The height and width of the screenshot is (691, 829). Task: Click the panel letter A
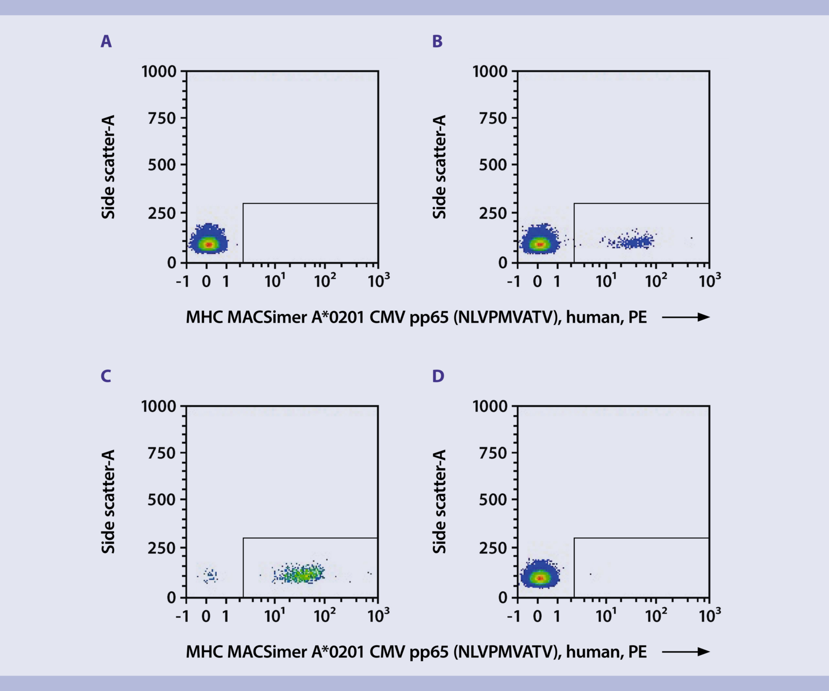[x=106, y=42]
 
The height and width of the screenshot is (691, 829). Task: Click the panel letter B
[x=437, y=42]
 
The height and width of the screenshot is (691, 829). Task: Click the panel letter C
[x=106, y=376]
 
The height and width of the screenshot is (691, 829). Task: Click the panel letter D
[x=438, y=376]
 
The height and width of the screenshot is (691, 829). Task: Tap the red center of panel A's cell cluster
[x=209, y=244]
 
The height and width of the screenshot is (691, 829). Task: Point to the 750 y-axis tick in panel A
[x=162, y=118]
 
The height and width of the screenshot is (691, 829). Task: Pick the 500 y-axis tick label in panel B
[x=493, y=165]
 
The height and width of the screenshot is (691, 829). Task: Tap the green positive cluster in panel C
[x=302, y=574]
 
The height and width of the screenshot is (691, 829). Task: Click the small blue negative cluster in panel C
[x=211, y=575]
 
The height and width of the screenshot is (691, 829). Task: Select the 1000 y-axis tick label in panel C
[x=159, y=406]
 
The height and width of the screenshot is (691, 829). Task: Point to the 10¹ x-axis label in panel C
[x=275, y=616]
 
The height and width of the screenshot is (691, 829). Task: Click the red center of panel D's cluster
[x=539, y=578]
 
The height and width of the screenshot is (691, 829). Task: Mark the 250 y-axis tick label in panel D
[x=493, y=548]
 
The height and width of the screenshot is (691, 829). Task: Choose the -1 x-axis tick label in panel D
[x=514, y=616]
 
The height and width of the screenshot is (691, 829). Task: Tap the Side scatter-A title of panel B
[x=439, y=167]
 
